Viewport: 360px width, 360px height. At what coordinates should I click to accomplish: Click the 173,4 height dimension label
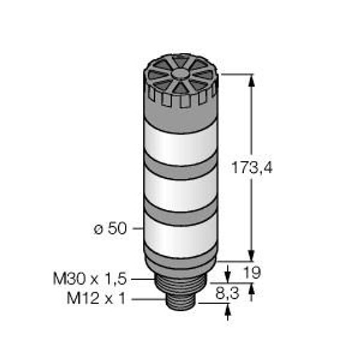click(252, 167)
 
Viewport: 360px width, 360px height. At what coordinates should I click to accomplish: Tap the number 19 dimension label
click(252, 272)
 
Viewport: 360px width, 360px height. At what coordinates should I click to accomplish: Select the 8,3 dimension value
click(227, 293)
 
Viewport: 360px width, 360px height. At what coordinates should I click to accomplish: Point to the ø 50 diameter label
click(110, 229)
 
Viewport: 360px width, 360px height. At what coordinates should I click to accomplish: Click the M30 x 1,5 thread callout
click(90, 279)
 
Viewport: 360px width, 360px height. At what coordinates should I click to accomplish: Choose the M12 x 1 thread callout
click(97, 298)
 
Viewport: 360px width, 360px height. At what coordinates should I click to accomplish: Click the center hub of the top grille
click(179, 73)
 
